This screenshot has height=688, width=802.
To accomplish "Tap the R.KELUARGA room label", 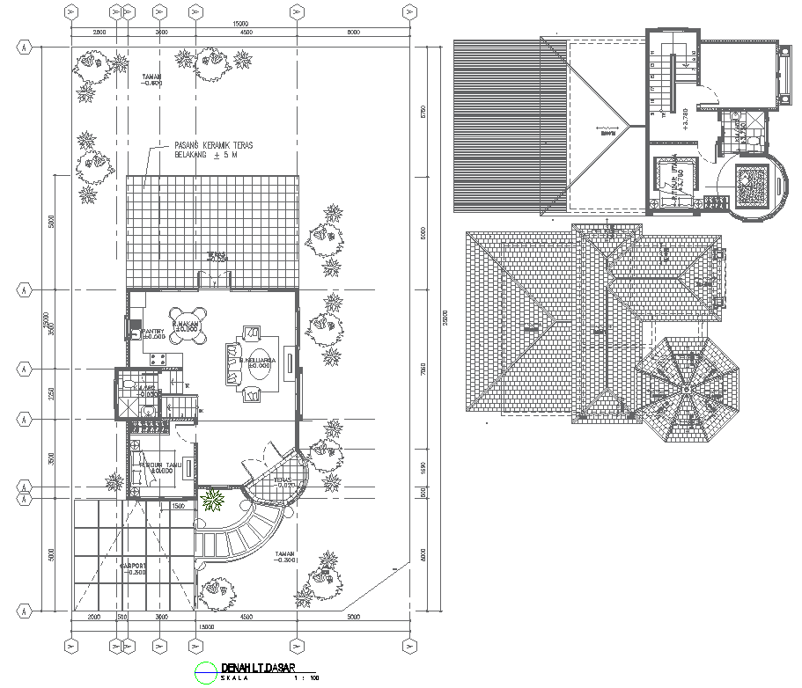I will [257, 361].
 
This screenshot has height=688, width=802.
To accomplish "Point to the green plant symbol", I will [212, 501].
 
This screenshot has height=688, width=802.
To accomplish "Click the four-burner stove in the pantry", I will [159, 359].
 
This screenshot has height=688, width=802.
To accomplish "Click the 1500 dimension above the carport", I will [178, 507].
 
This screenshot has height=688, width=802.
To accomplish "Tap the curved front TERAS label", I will [283, 484].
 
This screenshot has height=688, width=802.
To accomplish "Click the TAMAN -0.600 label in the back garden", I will [152, 81].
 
